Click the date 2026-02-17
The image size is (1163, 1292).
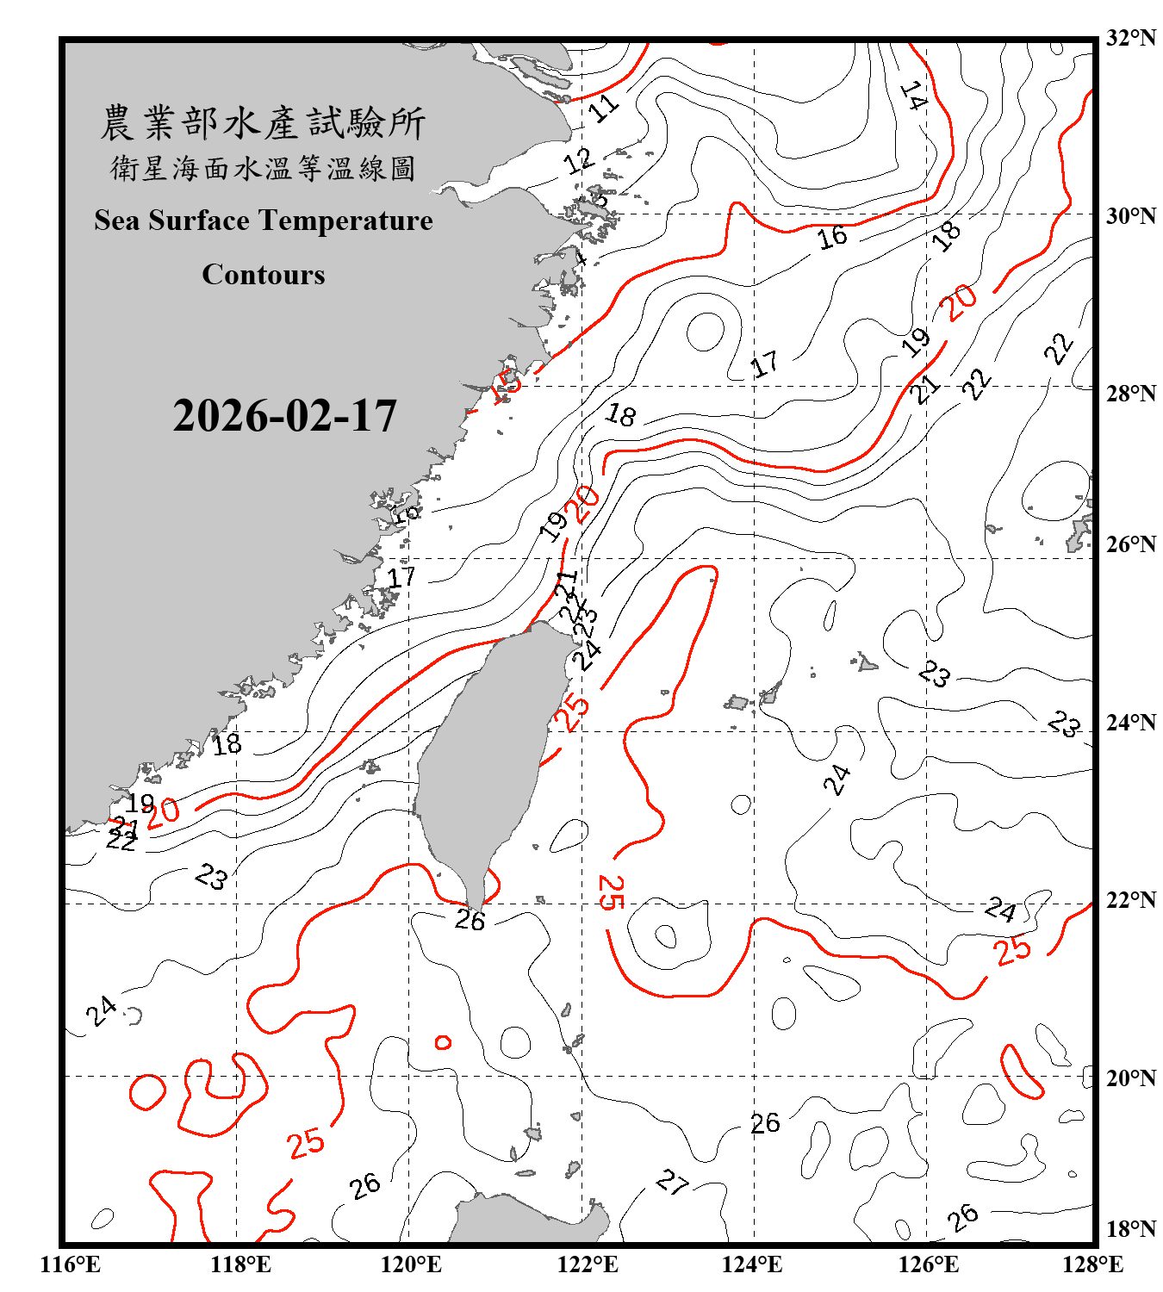(284, 416)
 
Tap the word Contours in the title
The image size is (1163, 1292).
(263, 275)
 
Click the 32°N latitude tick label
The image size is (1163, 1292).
(1130, 38)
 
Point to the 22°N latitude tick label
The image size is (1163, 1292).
(1130, 900)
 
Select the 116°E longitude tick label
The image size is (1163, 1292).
(71, 1264)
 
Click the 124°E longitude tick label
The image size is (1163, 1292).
(752, 1264)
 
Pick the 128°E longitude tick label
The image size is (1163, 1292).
(1092, 1264)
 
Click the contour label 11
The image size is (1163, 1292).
(603, 108)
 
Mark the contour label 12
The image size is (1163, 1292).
(579, 160)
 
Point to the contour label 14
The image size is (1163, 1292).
(913, 96)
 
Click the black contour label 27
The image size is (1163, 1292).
(672, 1182)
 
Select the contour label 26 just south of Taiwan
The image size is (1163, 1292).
(470, 921)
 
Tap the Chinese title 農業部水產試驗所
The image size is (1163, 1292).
(263, 123)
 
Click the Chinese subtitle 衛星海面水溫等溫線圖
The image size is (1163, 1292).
(263, 168)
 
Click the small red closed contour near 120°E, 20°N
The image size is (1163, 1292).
(443, 1043)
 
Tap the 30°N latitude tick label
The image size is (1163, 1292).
(1130, 215)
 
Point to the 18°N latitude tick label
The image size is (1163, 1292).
(1130, 1229)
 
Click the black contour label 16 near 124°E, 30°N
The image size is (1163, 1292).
(832, 237)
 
